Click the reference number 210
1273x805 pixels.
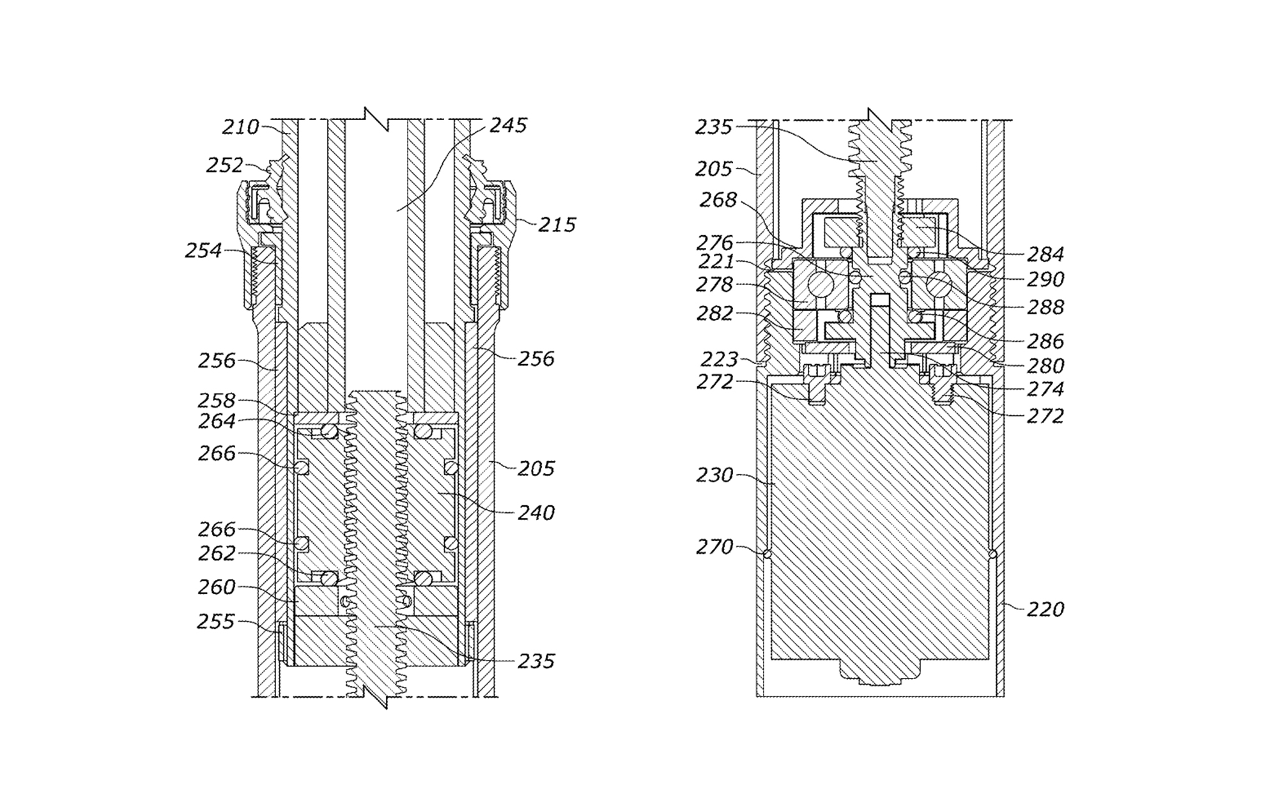tap(240, 127)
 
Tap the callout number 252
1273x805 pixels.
tap(224, 165)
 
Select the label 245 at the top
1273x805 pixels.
tap(508, 125)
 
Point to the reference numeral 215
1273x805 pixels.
tap(557, 225)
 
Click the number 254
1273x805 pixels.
tap(203, 250)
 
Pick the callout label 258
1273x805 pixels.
tap(217, 400)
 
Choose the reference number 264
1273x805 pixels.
tap(217, 421)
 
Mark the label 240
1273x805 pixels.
tap(536, 512)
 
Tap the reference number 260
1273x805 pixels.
tap(217, 586)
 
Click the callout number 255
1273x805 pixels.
tap(215, 621)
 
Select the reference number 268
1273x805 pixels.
tap(718, 200)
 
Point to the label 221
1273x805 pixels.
tap(716, 261)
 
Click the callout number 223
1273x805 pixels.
tap(719, 358)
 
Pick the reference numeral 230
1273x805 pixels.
tap(714, 475)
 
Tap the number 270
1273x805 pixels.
tap(714, 547)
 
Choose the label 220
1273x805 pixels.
tap(1045, 609)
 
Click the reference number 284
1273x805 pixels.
tap(1045, 254)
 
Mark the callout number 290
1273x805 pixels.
tap(1045, 279)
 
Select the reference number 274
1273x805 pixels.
tap(1045, 389)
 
